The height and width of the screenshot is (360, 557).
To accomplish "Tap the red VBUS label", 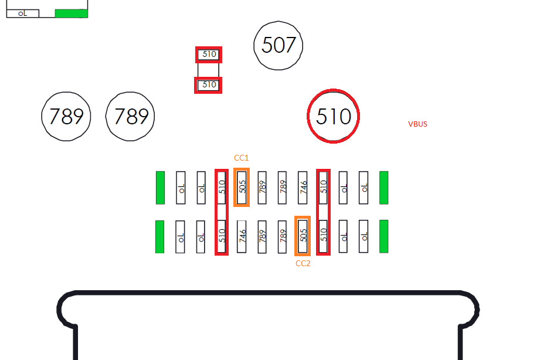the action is [x=417, y=124].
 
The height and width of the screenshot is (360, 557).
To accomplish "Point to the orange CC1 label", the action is [x=241, y=158].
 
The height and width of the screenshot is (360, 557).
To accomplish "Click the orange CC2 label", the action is [x=303, y=263].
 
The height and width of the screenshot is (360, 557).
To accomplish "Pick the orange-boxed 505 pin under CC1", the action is [x=242, y=187].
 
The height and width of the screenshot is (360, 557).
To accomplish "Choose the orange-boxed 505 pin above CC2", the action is [x=303, y=236].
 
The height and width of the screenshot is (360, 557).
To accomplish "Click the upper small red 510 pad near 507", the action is [x=209, y=55].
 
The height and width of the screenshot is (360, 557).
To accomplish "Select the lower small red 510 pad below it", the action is [x=208, y=85].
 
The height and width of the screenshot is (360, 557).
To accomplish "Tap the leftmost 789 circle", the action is [x=66, y=116].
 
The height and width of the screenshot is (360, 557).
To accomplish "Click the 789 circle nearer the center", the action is [x=130, y=116].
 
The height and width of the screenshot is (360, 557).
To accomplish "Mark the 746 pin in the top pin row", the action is [x=303, y=188].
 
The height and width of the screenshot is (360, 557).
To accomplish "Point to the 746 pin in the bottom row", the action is [x=242, y=236].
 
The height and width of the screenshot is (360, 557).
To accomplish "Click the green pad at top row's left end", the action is [x=160, y=188].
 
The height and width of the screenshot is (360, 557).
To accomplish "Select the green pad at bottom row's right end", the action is [x=383, y=236].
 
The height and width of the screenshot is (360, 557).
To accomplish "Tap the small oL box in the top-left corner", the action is [x=23, y=13].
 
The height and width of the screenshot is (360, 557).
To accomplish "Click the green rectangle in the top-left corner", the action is [x=72, y=13].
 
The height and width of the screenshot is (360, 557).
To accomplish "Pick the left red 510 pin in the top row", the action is [x=222, y=187].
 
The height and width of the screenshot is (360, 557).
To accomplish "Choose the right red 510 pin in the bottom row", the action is [x=323, y=236].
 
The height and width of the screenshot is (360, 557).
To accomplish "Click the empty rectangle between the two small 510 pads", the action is [x=208, y=70].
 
